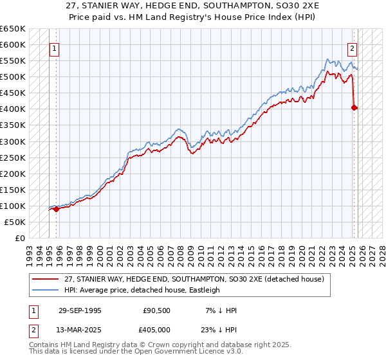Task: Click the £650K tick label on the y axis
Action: click(13, 29)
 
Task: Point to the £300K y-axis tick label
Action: click(13, 141)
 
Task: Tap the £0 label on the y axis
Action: click(21, 238)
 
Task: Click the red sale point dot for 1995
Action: click(57, 208)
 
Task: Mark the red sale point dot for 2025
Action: click(354, 107)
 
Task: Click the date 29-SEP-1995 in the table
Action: click(79, 310)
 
